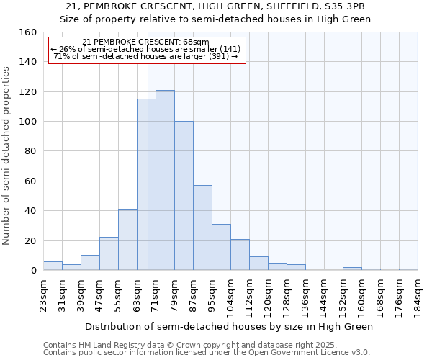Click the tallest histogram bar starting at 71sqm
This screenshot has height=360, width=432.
[165, 180]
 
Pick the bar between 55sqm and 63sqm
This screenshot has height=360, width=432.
[127, 240]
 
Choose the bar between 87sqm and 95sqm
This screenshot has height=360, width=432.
[202, 228]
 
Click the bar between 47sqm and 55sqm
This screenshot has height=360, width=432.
[109, 253]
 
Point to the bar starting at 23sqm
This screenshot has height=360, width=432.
[53, 266]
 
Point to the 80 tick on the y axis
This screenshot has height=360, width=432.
[30, 151]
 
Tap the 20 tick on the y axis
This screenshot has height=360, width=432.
[30, 240]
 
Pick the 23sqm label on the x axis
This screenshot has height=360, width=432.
[43, 294]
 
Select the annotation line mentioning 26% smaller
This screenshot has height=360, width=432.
[147, 49]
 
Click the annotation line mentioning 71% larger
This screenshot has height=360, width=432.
[147, 56]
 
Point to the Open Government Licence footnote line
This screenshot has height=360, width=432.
[207, 352]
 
